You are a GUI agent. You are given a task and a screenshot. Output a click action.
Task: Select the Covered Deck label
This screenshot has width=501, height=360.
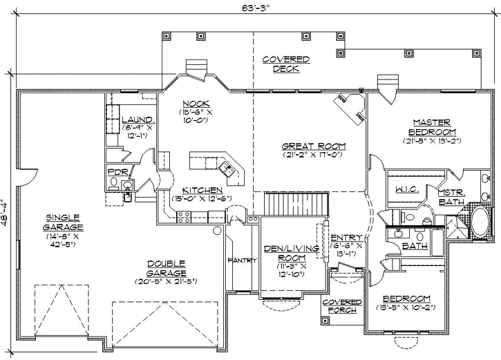(285, 64)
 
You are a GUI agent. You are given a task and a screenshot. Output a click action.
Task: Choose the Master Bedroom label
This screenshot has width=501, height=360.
(432, 126)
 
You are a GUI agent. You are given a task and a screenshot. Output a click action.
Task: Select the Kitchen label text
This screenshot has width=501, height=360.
(202, 190)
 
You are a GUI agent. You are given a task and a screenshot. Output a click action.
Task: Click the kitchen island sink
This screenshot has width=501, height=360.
(226, 167)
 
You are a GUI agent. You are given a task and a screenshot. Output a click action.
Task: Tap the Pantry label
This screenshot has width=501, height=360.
(242, 260)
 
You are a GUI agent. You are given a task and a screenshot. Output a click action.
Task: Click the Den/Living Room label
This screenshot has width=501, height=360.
(290, 252)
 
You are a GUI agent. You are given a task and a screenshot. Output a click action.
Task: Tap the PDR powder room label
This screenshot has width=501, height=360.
(115, 171)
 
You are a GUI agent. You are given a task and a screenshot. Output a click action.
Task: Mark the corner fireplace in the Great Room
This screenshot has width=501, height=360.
(350, 107)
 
